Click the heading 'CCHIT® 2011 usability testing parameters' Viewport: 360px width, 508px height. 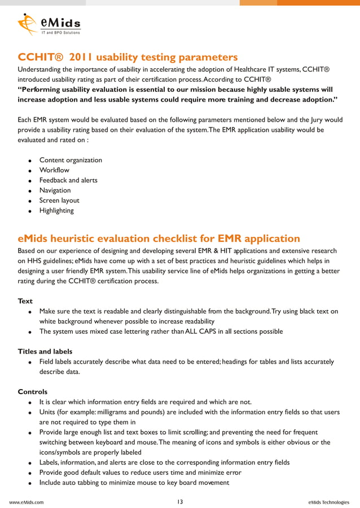[x=128, y=58]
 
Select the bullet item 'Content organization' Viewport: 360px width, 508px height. [x=71, y=160]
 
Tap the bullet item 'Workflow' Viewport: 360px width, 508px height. [x=54, y=170]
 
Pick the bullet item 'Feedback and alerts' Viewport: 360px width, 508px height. [x=68, y=180]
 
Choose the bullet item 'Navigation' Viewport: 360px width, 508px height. [x=55, y=191]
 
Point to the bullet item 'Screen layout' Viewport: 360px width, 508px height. [x=59, y=201]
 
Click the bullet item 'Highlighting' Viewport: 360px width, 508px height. [x=56, y=211]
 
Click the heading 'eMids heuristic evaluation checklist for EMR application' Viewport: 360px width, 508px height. [x=159, y=238]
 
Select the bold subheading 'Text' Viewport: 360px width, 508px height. [x=25, y=301]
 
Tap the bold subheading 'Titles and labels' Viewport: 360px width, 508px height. [x=45, y=352]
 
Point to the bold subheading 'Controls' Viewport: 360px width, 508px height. [x=33, y=392]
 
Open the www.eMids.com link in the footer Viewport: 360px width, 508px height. [x=27, y=502]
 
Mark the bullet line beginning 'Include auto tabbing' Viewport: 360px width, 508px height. [x=134, y=483]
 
